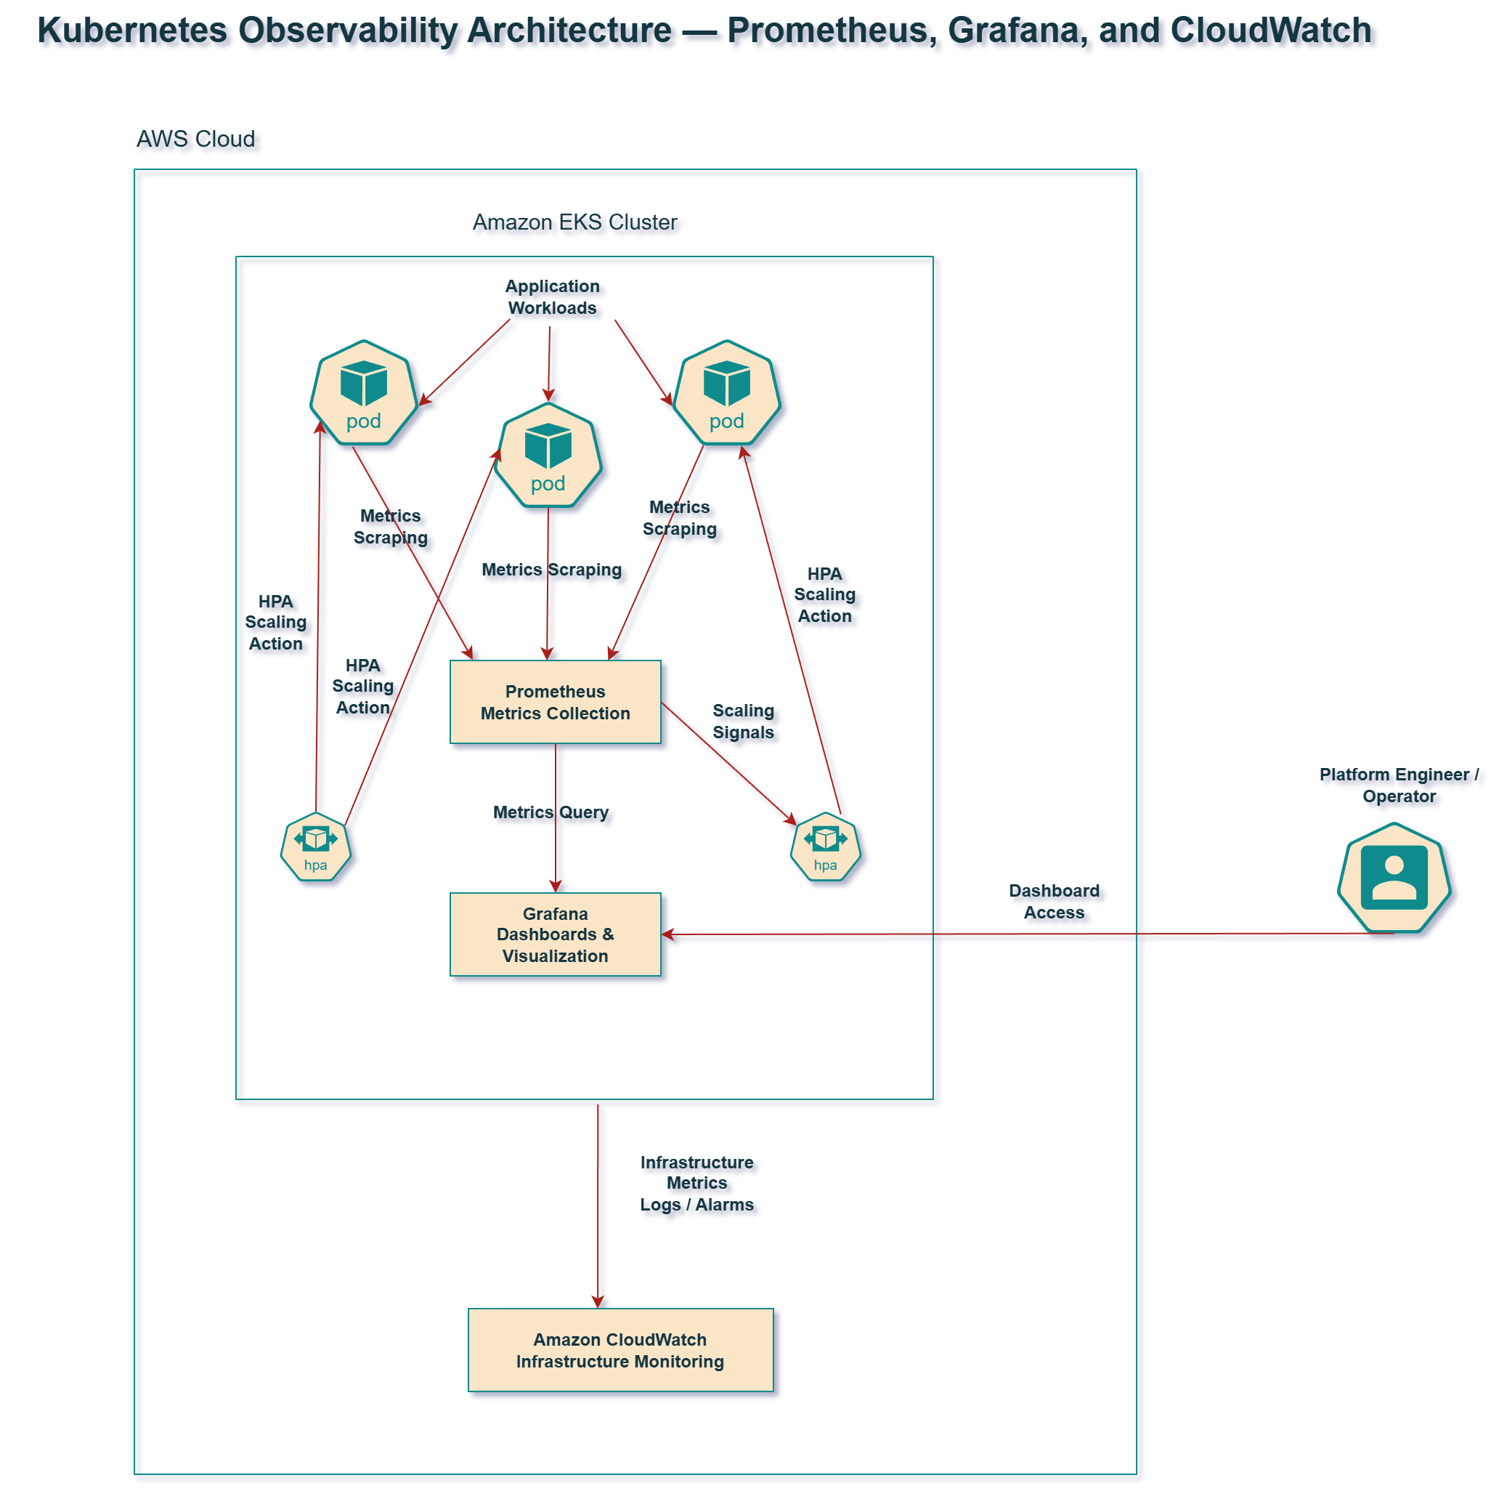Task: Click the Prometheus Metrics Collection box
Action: tap(555, 702)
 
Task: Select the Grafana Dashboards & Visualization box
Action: tap(555, 934)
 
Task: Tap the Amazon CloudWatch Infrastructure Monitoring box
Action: tap(620, 1350)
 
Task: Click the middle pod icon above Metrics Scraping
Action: tap(548, 455)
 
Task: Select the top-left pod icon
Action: tap(363, 393)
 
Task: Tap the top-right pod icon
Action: tap(726, 393)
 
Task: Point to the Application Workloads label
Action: tap(552, 296)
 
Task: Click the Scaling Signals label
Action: tap(742, 721)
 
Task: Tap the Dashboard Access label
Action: tap(1054, 901)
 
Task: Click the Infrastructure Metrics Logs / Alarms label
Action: tap(696, 1183)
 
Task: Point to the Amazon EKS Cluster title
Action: tap(575, 222)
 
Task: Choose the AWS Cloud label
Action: tap(195, 139)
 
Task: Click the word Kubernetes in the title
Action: tap(132, 31)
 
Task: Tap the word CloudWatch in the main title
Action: tap(1270, 31)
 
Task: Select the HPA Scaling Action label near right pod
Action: tap(824, 594)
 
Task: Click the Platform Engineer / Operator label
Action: tap(1398, 785)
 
